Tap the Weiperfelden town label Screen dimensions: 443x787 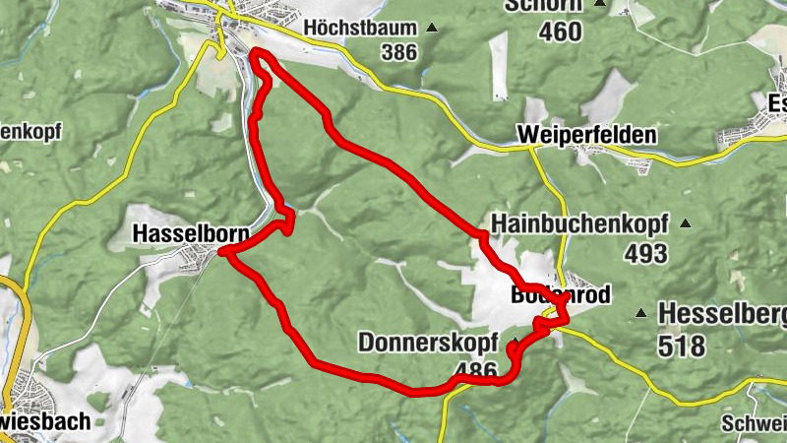tap(584, 134)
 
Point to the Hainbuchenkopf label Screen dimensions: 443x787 tap(581, 222)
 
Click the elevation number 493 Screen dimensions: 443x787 tap(645, 253)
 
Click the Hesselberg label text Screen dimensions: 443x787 tap(723, 314)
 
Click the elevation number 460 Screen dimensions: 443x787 tap(561, 31)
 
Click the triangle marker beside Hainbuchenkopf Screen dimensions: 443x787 tap(686, 223)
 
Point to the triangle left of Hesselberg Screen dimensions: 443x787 tap(640, 314)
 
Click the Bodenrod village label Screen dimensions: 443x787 tap(561, 295)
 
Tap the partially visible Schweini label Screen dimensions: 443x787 tap(754, 423)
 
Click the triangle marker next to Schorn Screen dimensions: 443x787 tap(600, 4)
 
